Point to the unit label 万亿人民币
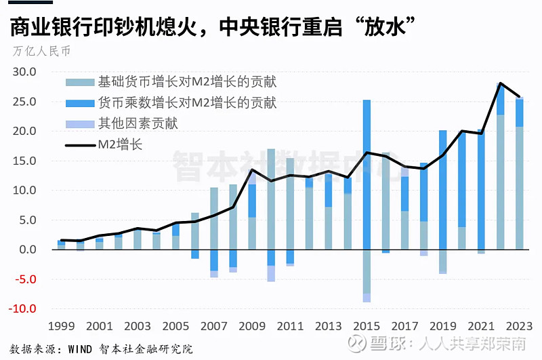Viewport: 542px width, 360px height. (41, 51)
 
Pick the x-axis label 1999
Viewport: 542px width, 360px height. (61, 326)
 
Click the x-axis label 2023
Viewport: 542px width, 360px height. (518, 326)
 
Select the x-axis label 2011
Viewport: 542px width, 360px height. (289, 326)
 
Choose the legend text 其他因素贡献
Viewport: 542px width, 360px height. (138, 123)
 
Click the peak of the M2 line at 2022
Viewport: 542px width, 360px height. (500, 83)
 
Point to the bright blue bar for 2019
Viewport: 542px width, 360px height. (442, 190)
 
